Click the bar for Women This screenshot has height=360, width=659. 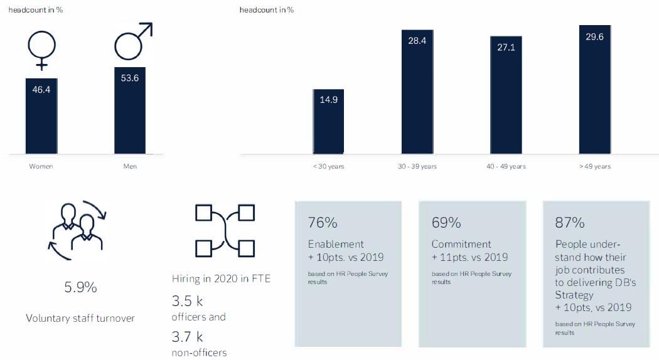pos(41,116)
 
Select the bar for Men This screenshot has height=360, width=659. pos(130,110)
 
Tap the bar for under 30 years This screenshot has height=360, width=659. pos(328,122)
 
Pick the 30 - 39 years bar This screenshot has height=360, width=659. pos(417,92)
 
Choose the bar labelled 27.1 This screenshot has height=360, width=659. pos(506,95)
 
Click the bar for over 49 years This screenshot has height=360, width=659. pos(595,90)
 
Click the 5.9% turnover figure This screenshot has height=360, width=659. pos(81,287)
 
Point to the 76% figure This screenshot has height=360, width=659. pos(323,223)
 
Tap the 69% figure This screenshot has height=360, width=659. pos(446,223)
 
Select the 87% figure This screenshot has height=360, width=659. pos(570,223)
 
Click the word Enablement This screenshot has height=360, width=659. pos(336,244)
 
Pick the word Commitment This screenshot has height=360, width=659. pos(461,244)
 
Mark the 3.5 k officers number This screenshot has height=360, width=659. pos(188,301)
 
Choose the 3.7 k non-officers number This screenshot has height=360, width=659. pos(188,337)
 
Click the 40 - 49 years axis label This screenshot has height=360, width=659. pos(506,166)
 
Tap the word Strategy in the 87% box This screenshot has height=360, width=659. pos(574,295)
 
